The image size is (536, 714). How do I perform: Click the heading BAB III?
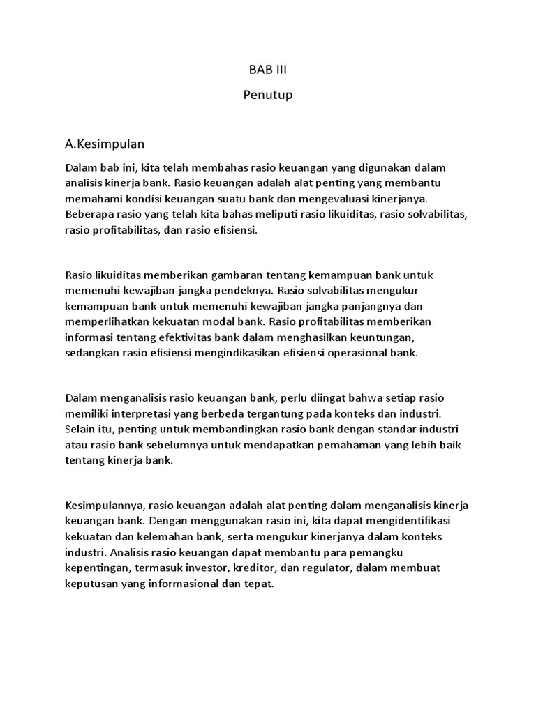click(268, 70)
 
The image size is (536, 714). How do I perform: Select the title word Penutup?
click(268, 96)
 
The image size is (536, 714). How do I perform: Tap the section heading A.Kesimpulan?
click(104, 144)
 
